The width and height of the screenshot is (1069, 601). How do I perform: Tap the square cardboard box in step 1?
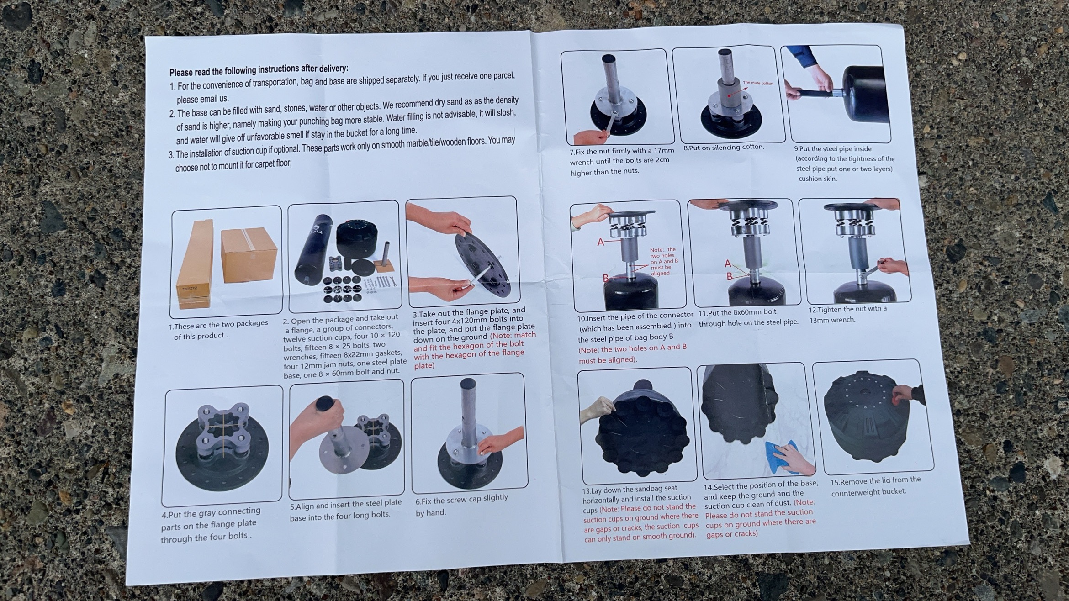tap(249, 256)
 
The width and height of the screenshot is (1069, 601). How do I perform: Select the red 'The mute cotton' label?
tap(758, 83)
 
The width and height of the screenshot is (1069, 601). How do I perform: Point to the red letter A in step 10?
tap(601, 242)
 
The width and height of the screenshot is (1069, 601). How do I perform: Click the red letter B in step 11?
tap(730, 276)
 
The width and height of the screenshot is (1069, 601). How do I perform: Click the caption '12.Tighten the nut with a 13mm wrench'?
tap(848, 314)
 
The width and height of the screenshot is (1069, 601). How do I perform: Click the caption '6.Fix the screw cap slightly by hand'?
tap(461, 505)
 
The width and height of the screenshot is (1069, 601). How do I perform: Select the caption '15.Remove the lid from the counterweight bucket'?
tap(875, 486)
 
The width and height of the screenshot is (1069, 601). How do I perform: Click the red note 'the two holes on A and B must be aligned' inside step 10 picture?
tap(664, 261)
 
